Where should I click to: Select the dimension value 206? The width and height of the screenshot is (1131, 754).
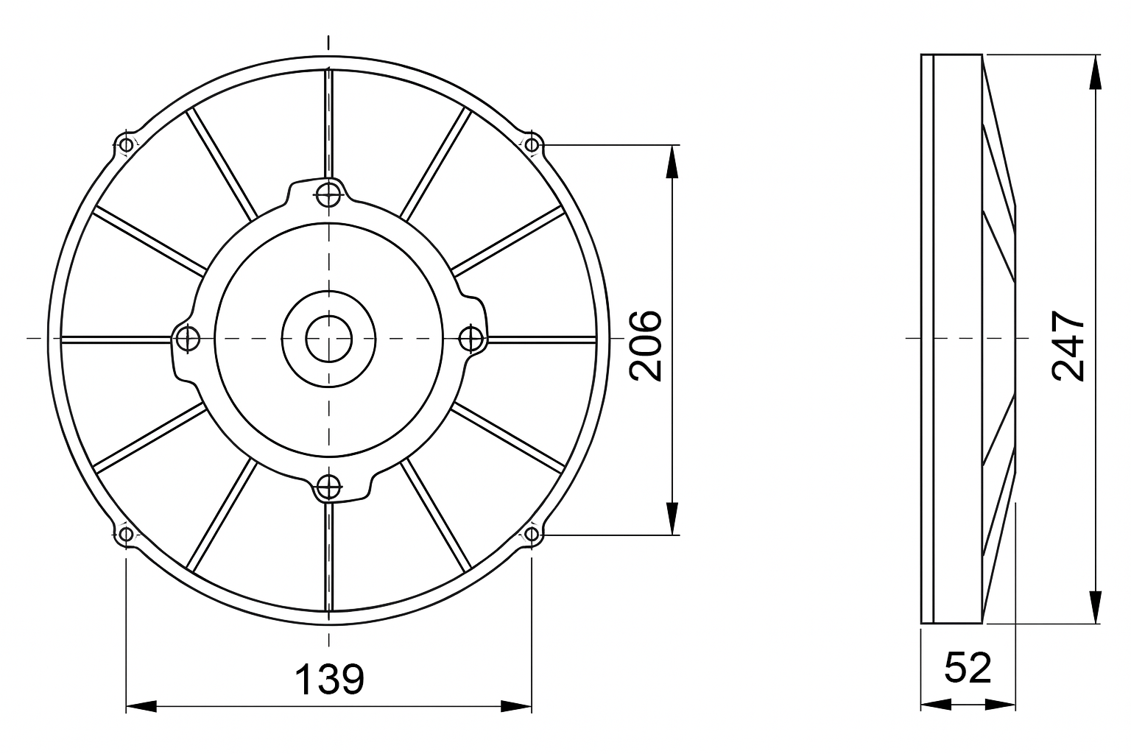tap(645, 345)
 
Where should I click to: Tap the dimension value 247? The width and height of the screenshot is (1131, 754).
tap(1068, 345)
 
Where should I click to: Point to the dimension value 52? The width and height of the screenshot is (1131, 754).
tap(968, 667)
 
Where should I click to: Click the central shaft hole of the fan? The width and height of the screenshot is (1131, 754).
tap(328, 339)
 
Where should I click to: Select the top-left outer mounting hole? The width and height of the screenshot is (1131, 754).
tap(126, 146)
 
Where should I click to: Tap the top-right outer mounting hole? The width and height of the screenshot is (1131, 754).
tap(532, 146)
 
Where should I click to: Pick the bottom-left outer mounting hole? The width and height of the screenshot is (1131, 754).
tap(126, 534)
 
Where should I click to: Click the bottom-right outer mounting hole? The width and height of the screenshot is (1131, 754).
tap(532, 534)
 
